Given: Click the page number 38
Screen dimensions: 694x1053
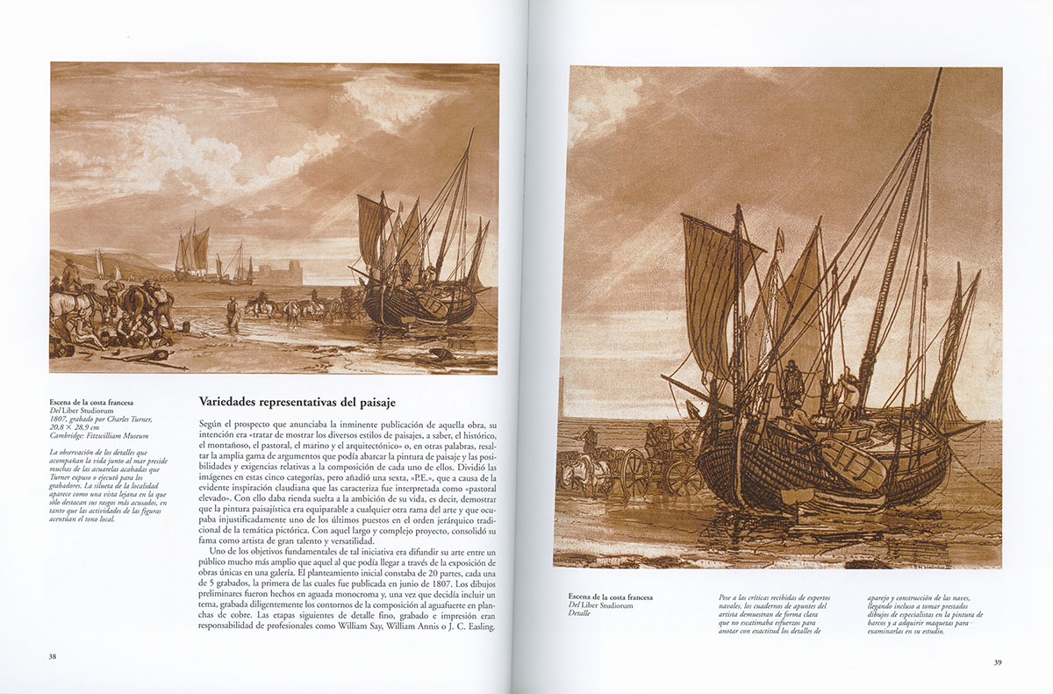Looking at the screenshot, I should [x=53, y=655].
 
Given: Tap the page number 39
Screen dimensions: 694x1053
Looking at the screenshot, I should [x=997, y=662].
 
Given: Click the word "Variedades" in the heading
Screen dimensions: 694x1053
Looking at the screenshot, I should [x=231, y=403].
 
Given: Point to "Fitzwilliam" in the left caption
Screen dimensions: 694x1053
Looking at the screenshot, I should [x=109, y=435].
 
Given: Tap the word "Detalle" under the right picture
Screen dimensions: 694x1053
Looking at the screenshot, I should [x=579, y=613].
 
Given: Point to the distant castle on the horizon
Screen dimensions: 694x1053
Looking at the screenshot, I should [x=278, y=274].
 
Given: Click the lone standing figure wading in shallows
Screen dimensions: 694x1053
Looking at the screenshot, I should [x=232, y=311].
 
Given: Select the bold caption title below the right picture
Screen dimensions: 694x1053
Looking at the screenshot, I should [x=610, y=597].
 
